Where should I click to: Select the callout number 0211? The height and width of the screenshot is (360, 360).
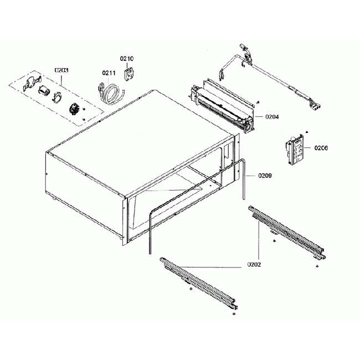(108, 72)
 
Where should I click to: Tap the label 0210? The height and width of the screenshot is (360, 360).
(127, 58)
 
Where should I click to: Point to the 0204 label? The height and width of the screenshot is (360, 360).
(272, 117)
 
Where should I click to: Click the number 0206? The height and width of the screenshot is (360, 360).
(321, 148)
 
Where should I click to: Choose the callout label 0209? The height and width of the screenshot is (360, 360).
(264, 177)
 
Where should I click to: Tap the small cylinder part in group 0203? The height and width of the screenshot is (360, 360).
(43, 91)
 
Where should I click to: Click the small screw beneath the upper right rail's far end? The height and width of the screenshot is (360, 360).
(316, 266)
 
